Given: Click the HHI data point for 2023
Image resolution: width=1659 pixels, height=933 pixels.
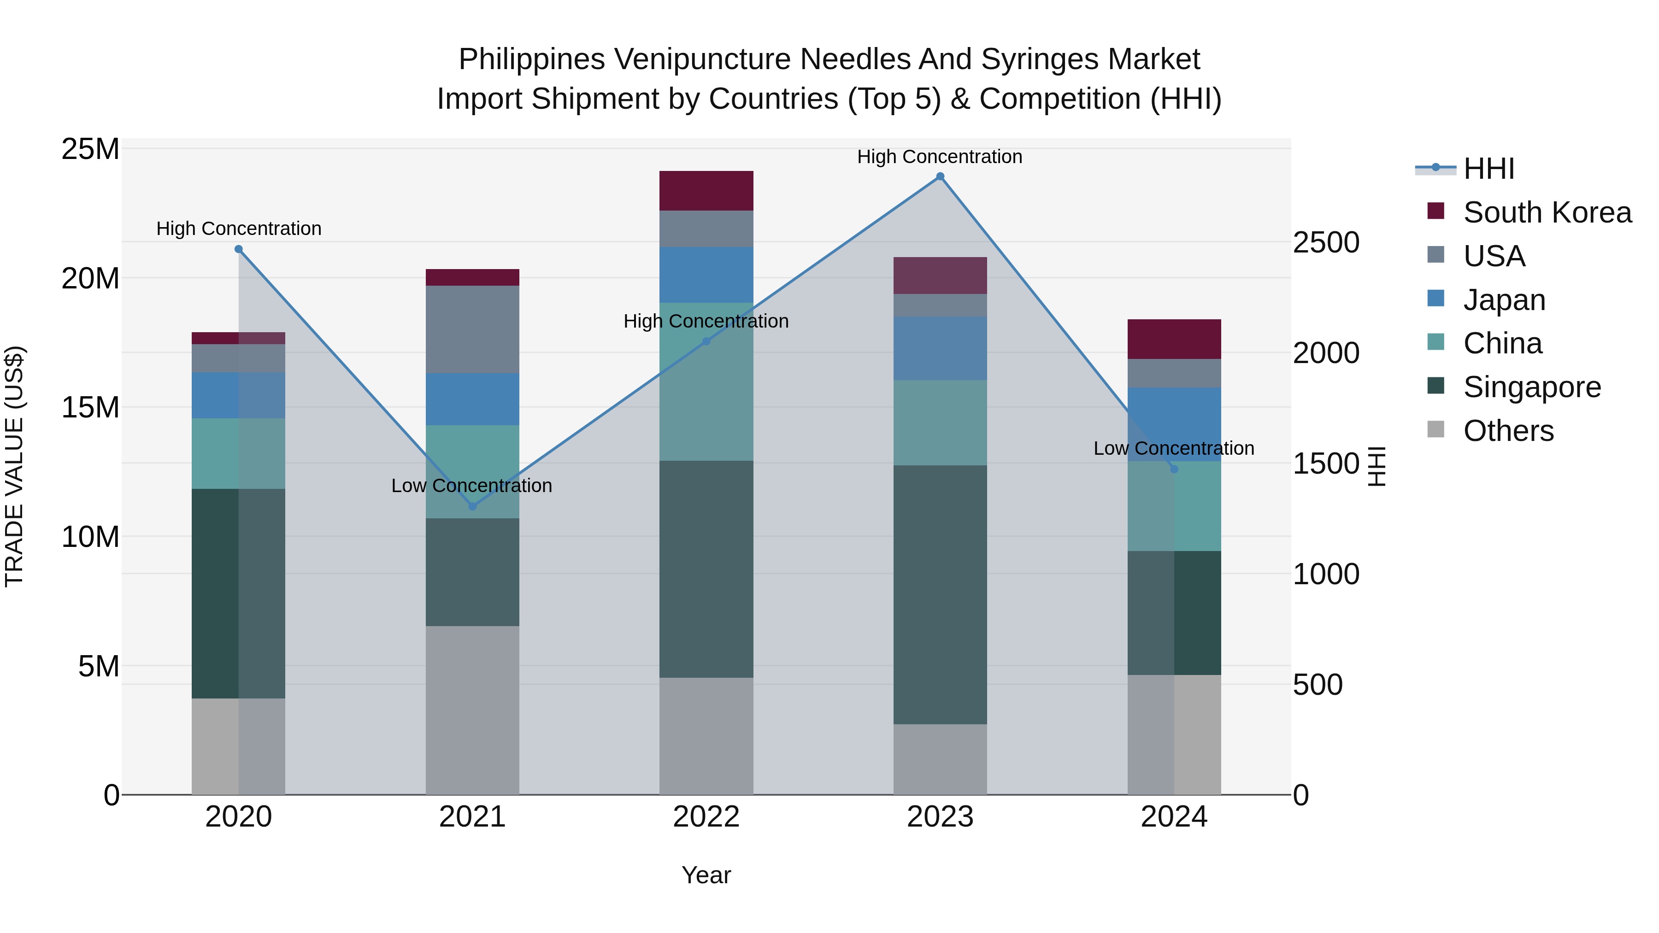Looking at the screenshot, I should point(940,176).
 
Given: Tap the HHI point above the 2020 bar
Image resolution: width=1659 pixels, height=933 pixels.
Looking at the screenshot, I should point(238,249).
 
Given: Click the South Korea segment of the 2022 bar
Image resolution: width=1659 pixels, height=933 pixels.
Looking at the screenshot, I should point(706,191).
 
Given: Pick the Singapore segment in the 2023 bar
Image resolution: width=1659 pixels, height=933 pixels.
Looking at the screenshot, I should point(940,594).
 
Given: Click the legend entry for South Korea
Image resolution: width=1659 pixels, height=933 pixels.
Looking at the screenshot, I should point(1547,212).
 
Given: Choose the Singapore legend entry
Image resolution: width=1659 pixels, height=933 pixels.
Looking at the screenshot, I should point(1531,387).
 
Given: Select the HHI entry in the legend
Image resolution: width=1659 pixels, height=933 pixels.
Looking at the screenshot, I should point(1488,169).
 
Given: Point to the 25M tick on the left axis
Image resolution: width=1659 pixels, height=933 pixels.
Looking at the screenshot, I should point(90,149).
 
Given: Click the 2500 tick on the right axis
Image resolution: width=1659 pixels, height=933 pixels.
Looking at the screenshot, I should point(1326,243).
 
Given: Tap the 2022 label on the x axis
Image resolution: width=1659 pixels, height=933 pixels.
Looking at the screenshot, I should point(706,817).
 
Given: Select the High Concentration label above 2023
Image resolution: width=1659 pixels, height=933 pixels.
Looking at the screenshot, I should point(940,157).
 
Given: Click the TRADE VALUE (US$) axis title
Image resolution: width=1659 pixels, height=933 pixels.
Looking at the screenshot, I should point(14,466).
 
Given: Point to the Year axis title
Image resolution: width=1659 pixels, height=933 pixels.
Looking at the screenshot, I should point(706,875).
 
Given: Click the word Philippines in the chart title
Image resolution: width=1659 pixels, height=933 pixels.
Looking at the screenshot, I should point(531,59).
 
